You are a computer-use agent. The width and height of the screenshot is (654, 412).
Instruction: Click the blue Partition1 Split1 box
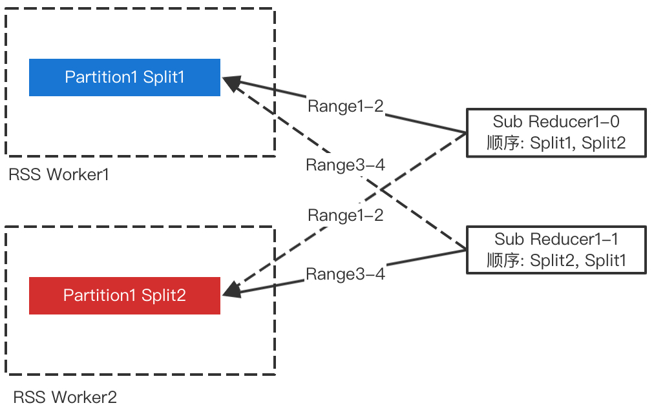pyautogui.click(x=125, y=77)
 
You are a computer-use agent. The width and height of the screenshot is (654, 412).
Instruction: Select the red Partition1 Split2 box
pyautogui.click(x=125, y=296)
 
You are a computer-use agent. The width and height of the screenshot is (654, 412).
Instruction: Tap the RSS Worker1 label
pyautogui.click(x=59, y=174)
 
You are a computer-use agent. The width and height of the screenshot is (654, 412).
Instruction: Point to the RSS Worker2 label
pyautogui.click(x=65, y=397)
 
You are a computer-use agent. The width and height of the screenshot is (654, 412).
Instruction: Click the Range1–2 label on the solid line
pyautogui.click(x=345, y=106)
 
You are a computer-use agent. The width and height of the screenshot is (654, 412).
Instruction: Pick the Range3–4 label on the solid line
pyautogui.click(x=345, y=274)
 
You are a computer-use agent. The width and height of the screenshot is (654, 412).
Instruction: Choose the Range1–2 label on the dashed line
pyautogui.click(x=345, y=216)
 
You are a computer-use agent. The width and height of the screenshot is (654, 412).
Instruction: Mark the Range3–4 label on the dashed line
pyautogui.click(x=345, y=165)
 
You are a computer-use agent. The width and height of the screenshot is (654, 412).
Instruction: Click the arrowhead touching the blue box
pyautogui.click(x=231, y=83)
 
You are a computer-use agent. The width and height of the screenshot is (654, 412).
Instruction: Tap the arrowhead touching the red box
pyautogui.click(x=231, y=290)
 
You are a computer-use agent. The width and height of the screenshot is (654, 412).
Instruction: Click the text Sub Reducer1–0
pyautogui.click(x=556, y=121)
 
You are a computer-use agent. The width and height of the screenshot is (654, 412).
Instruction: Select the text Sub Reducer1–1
pyautogui.click(x=556, y=239)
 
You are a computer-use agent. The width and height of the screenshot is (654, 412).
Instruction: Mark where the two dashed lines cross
pyautogui.click(x=381, y=190)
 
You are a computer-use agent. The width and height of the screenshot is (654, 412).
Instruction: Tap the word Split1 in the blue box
pyautogui.click(x=163, y=77)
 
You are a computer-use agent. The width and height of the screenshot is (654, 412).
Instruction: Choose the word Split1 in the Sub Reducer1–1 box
pyautogui.click(x=605, y=260)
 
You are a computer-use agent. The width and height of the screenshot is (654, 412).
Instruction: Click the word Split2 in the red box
pyautogui.click(x=163, y=295)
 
